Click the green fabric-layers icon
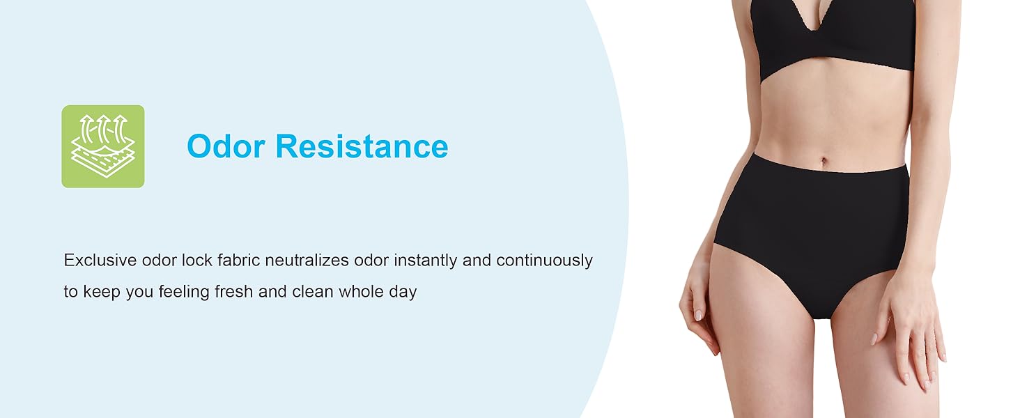(x=103, y=146)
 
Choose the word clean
(x=312, y=292)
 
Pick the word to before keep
(x=70, y=293)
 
